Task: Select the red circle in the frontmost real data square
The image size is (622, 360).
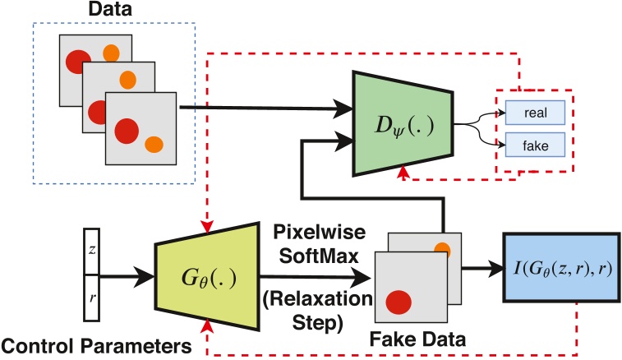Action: [x=127, y=129]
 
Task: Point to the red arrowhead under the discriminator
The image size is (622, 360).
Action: [x=403, y=172]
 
